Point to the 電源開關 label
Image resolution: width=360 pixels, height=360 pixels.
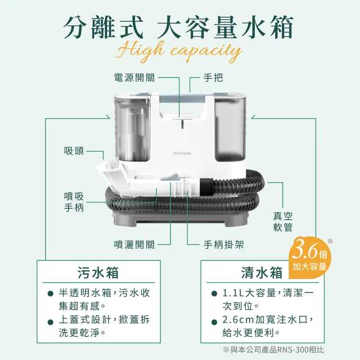tap(134, 77)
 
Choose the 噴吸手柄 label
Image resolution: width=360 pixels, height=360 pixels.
tap(74, 202)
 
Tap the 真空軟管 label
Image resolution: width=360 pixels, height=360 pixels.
tap(283, 222)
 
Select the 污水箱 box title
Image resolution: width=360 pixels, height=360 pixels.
tap(98, 273)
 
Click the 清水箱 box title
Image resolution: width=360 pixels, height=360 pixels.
tap(262, 273)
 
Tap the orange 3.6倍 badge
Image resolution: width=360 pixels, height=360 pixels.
tap(309, 257)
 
